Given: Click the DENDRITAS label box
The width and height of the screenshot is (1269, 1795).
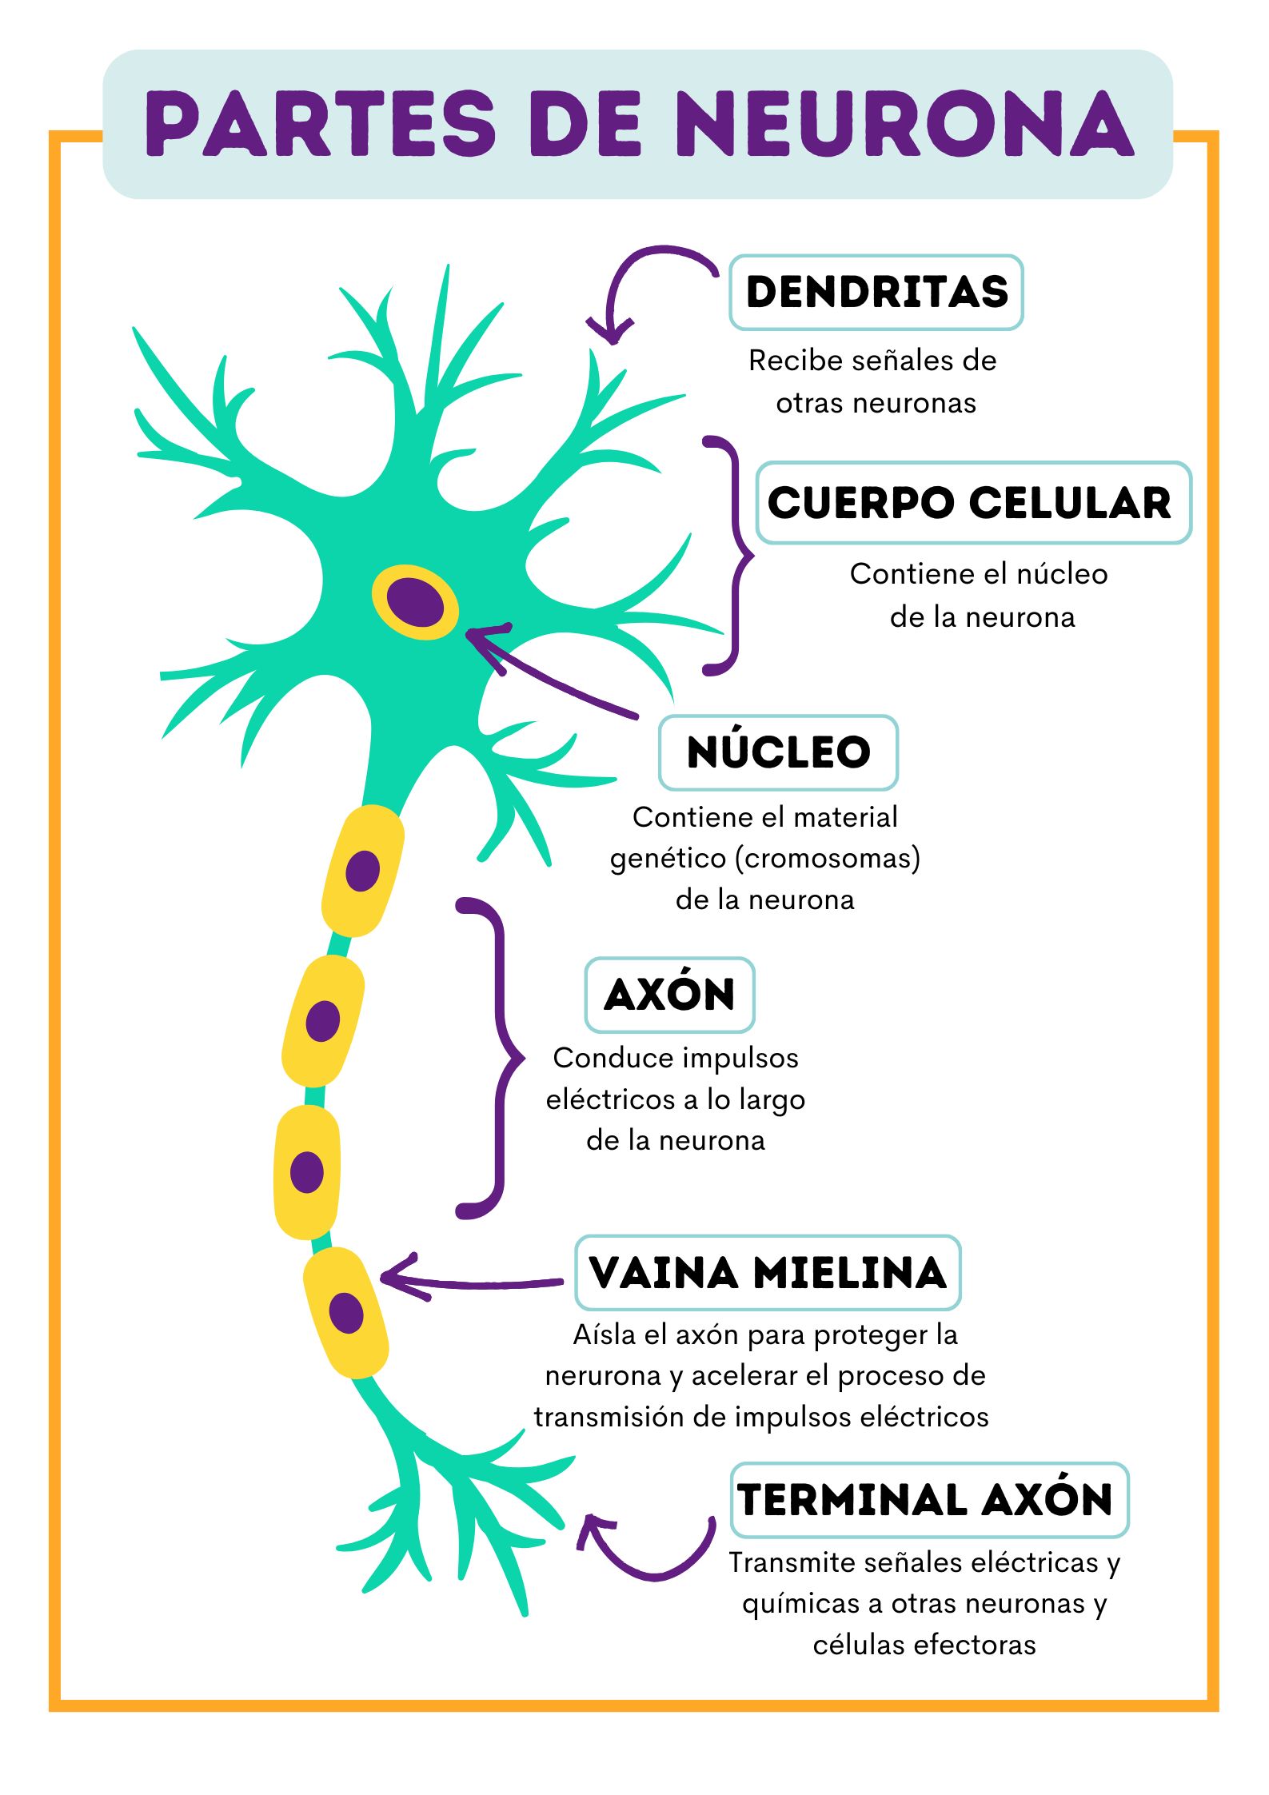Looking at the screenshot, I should pos(876,292).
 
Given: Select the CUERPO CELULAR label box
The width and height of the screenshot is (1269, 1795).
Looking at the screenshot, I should pos(972,503).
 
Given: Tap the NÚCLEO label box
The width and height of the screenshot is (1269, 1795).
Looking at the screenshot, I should pos(778,752).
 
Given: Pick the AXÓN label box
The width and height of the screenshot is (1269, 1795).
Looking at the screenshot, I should pos(669,995).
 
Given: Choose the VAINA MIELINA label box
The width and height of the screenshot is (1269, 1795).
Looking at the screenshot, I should pos(767,1273).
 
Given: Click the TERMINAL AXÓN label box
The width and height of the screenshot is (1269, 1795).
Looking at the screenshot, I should pos(928,1500).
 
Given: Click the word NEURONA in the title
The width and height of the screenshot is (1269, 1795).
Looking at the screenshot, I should pos(908,124).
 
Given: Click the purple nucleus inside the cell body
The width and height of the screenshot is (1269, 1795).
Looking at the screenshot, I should pos(415,600).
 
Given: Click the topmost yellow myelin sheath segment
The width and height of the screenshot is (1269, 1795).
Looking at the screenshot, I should pos(362,870).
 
